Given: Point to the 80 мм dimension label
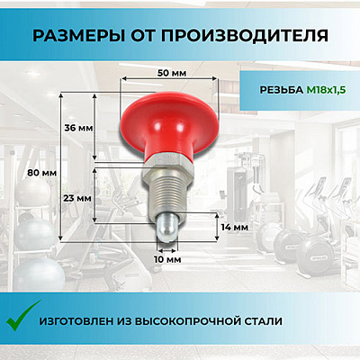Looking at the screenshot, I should point(40,171).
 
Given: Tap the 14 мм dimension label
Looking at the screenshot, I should point(234,228).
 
